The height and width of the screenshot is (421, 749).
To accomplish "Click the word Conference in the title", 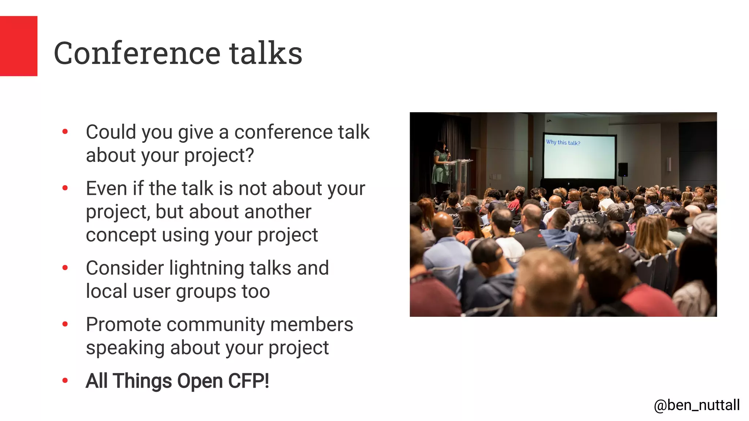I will pyautogui.click(x=137, y=53).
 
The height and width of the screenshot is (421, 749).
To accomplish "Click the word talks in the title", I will pyautogui.click(x=266, y=53).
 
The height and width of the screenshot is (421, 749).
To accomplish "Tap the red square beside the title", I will pyautogui.click(x=18, y=46).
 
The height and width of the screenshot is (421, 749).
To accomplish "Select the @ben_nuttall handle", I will pyautogui.click(x=696, y=405).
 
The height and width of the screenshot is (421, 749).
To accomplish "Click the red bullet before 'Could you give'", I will pyautogui.click(x=65, y=132).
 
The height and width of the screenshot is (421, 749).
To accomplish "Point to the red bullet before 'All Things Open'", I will pyautogui.click(x=65, y=381).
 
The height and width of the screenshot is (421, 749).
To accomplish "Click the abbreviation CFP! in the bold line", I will pyautogui.click(x=249, y=381).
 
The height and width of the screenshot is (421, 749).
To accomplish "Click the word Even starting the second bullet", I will pyautogui.click(x=106, y=189).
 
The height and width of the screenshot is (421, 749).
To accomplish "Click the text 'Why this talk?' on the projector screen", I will pyautogui.click(x=563, y=143).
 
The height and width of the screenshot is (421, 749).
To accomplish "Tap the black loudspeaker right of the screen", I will pyautogui.click(x=623, y=170).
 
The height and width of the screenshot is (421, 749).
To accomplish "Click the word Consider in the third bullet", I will pyautogui.click(x=124, y=268).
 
